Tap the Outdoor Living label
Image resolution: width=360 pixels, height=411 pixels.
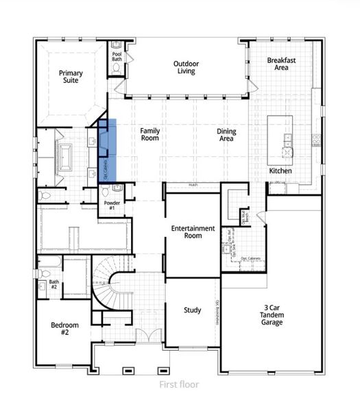[185, 67]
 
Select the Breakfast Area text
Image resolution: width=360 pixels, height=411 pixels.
[282, 64]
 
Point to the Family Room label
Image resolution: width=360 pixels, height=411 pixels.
[149, 134]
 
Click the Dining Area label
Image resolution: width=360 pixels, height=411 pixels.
[226, 134]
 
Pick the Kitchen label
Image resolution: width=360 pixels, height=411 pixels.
[281, 170]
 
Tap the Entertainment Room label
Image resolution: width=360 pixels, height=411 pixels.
[193, 232]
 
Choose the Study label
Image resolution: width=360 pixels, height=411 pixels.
[193, 310]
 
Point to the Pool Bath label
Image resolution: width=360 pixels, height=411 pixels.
[117, 57]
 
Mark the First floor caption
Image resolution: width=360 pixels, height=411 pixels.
[180, 384]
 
